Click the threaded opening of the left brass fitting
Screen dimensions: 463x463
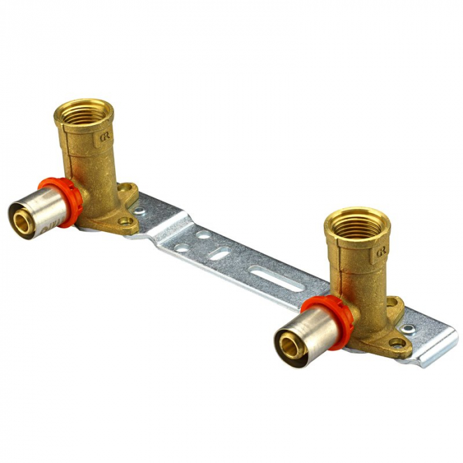[x=85, y=108]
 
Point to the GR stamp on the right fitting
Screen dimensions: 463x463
[x=382, y=251]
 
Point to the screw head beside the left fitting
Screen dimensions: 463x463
[x=140, y=212]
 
